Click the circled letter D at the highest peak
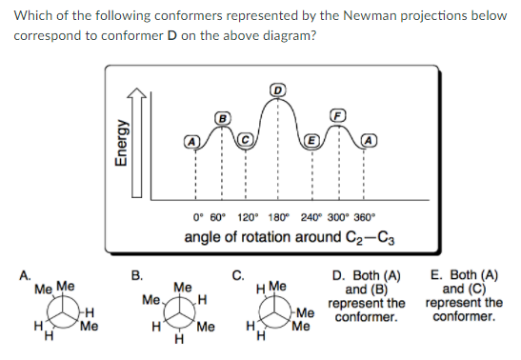coord(278,90)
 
